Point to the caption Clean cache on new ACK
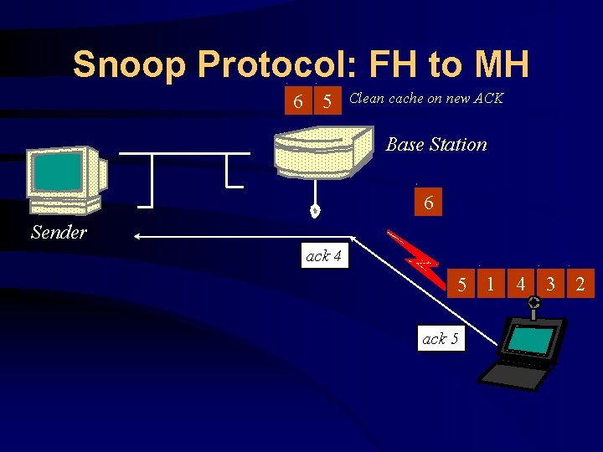pos(425,98)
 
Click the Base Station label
pos(435,145)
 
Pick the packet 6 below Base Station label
pos(428,203)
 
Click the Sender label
pos(59,232)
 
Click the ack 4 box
pos(323,256)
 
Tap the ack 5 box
pos(441,339)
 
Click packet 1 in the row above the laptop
pos(491,285)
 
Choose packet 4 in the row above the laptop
pos(520,285)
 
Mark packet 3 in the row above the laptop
pos(549,285)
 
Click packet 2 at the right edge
pos(580,285)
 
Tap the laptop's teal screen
pos(531,340)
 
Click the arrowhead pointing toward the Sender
pos(139,238)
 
